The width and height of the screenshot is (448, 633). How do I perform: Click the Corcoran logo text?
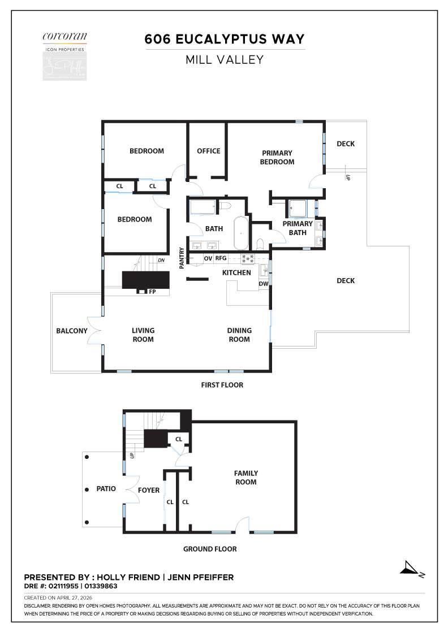pyautogui.click(x=64, y=37)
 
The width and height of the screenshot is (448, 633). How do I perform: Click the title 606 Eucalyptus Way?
pyautogui.click(x=225, y=39)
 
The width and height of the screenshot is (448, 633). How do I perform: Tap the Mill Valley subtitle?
pyautogui.click(x=225, y=59)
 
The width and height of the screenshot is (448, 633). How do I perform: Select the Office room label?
pyautogui.click(x=208, y=151)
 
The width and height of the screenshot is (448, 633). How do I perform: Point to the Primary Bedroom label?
pyautogui.click(x=277, y=157)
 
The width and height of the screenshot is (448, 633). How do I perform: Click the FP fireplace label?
pyautogui.click(x=152, y=292)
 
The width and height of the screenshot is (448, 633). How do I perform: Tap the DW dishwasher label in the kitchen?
pyautogui.click(x=263, y=284)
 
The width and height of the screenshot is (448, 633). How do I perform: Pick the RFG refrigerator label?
pyautogui.click(x=221, y=258)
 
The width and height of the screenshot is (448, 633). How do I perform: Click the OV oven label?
pyautogui.click(x=208, y=258)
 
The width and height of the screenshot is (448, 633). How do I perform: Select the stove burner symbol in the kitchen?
pyautogui.click(x=248, y=258)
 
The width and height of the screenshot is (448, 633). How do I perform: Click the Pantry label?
pyautogui.click(x=182, y=258)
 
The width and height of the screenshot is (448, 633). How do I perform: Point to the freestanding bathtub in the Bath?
pyautogui.click(x=241, y=232)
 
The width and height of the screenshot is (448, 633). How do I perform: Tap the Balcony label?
pyautogui.click(x=72, y=331)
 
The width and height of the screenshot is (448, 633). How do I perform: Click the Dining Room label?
pyautogui.click(x=239, y=335)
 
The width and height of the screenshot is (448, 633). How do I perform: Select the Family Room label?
pyautogui.click(x=246, y=478)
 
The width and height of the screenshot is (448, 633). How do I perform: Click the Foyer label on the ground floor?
pyautogui.click(x=149, y=490)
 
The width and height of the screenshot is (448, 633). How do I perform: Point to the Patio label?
pyautogui.click(x=106, y=488)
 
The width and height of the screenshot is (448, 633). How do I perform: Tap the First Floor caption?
pyautogui.click(x=222, y=385)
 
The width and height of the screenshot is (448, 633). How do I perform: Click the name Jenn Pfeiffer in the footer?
pyautogui.click(x=201, y=577)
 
